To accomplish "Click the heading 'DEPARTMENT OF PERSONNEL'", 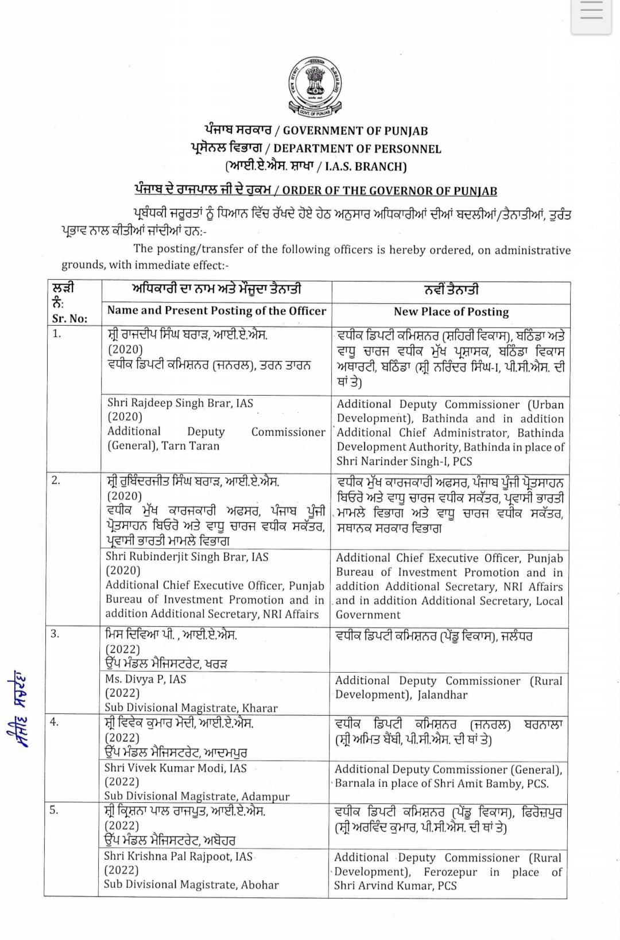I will tap(357, 149).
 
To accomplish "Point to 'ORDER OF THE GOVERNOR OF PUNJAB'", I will tap(389, 191).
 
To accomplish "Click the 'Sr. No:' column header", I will tap(69, 319).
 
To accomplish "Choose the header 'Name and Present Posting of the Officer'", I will tap(216, 311).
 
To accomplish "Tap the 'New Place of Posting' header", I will tap(451, 312).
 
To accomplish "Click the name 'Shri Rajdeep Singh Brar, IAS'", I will tap(180, 403).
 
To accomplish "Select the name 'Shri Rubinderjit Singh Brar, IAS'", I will tap(187, 557).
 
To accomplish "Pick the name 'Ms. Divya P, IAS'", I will tap(145, 679).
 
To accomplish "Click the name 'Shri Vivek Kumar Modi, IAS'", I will tap(175, 768).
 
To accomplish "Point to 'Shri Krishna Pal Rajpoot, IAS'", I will tap(178, 856).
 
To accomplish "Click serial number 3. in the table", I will tap(55, 634).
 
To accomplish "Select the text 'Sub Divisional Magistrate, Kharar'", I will tap(191, 708).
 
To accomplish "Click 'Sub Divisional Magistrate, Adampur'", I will tap(196, 796).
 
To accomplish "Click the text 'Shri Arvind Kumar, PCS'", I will tap(396, 886).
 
